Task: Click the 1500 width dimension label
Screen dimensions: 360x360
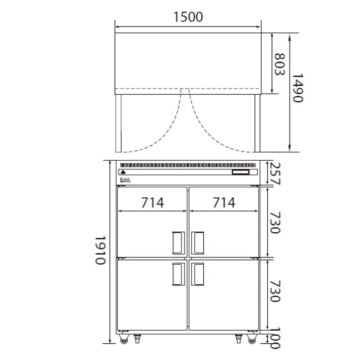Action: pos(188,17)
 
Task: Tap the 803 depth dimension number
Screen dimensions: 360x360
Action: pos(280,64)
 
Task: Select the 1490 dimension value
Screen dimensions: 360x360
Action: pos(298,88)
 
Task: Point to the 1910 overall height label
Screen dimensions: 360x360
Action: pos(100,250)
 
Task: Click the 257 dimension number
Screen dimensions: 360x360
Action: pos(275,173)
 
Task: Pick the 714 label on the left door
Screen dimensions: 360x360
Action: pos(153,202)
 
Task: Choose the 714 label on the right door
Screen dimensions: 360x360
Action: pos(224,202)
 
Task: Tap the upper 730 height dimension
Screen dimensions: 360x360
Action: pos(275,223)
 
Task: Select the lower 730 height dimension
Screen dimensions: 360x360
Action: pos(275,291)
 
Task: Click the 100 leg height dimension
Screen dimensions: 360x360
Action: pos(275,338)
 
